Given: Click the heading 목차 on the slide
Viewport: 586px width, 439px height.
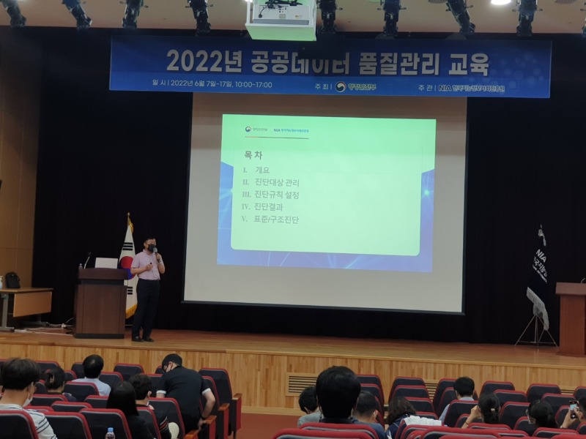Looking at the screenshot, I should pos(253,155).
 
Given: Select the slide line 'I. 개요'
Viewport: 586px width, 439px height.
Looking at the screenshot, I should pos(256,170).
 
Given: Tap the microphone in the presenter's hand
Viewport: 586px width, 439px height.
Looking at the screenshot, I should pos(155,252).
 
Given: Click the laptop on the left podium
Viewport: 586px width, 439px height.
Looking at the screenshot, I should pos(106,263).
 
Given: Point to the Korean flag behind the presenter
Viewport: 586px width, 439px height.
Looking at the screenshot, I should pos(129,263).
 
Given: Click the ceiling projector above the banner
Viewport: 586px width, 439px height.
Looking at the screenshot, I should pos(281,18).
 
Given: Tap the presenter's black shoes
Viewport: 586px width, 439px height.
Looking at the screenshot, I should pos(142,338).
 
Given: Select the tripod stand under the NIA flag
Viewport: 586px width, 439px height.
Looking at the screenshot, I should pos(537,322).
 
